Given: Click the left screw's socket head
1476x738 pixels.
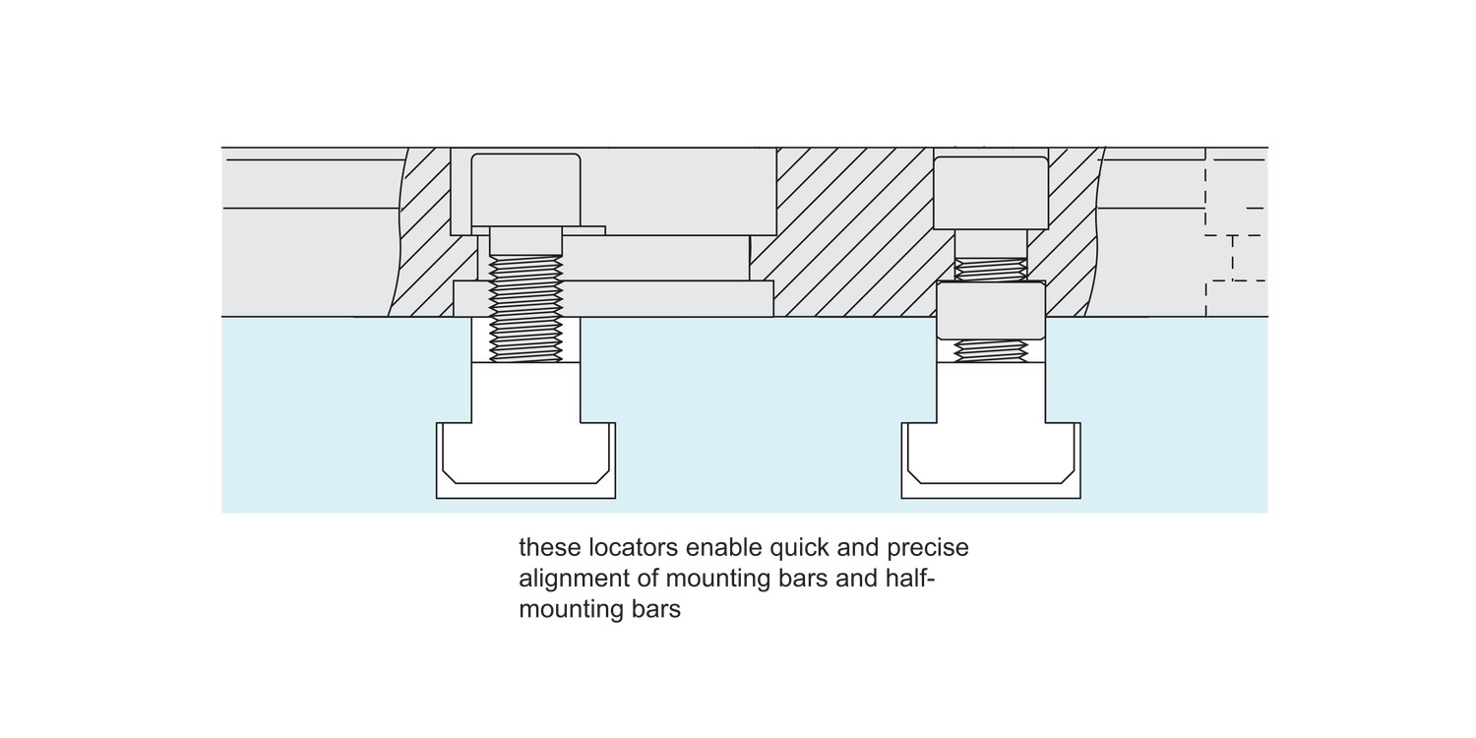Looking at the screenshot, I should tap(525, 190).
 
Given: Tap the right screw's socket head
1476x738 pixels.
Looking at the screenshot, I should tap(990, 192).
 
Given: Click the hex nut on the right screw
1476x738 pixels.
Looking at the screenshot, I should tap(991, 311).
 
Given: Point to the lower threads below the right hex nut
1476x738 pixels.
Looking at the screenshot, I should tap(991, 351).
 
